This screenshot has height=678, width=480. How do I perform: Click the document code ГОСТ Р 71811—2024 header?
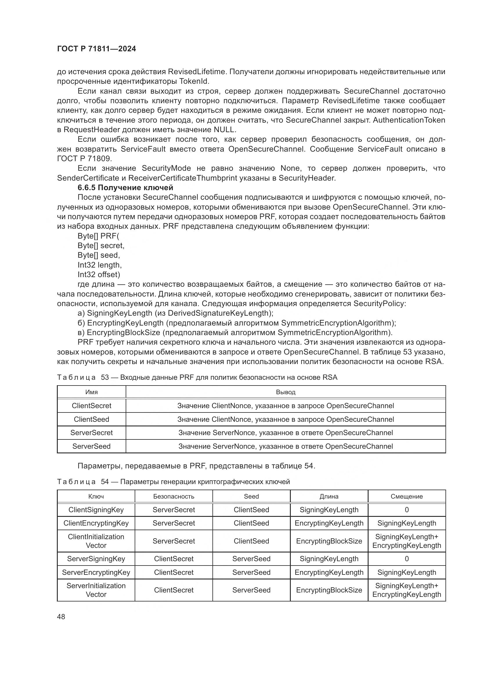[x=96, y=49]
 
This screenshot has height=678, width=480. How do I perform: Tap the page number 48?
[x=61, y=617]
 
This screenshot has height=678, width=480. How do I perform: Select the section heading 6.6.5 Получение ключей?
[x=125, y=188]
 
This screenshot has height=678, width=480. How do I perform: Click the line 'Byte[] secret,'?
[x=101, y=246]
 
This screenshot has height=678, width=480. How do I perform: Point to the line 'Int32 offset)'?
[x=99, y=274]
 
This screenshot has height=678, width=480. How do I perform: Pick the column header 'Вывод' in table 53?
[x=286, y=392]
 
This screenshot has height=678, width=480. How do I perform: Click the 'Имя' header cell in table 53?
[x=91, y=392]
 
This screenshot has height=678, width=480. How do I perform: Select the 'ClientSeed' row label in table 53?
[x=91, y=419]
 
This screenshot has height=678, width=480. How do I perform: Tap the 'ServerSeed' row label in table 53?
[x=91, y=446]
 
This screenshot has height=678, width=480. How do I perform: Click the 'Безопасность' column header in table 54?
[x=174, y=496]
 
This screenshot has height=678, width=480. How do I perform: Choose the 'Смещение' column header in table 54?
[x=406, y=496]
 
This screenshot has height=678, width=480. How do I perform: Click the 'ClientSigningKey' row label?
[x=96, y=510]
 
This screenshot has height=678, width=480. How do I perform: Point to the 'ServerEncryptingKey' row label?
[x=96, y=572]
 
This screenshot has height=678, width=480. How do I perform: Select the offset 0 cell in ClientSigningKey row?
[x=406, y=510]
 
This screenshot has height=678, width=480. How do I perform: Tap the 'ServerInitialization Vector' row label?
[x=96, y=590]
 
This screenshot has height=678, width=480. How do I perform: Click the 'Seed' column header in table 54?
[x=251, y=496]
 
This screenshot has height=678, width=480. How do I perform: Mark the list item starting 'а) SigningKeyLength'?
[x=175, y=313]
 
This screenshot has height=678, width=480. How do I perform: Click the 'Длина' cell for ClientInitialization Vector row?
[x=329, y=541]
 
